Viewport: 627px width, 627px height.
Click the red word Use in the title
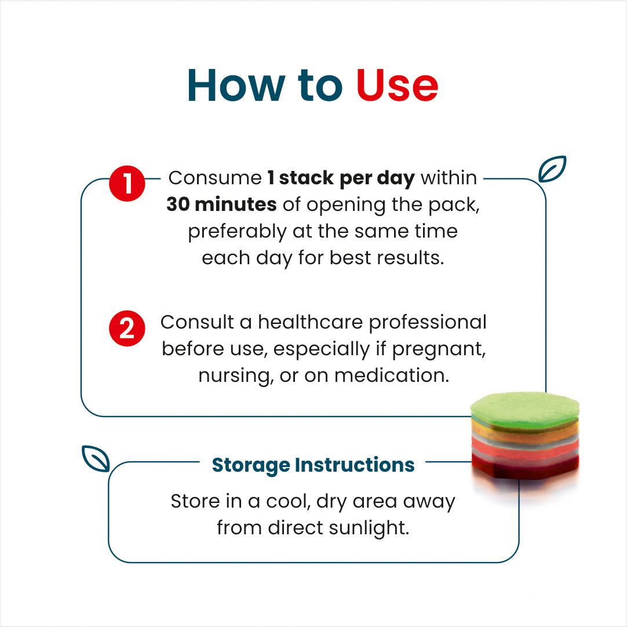click(397, 85)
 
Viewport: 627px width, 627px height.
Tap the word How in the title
click(236, 85)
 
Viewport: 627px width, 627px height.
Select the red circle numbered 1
click(127, 184)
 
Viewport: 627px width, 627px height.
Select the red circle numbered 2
click(127, 329)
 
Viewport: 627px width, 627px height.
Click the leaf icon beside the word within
click(552, 169)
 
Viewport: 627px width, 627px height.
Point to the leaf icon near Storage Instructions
click(96, 458)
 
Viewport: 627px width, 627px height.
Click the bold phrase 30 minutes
click(221, 205)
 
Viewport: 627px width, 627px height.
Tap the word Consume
click(215, 178)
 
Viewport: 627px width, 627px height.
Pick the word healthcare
click(310, 322)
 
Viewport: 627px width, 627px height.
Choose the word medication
click(392, 376)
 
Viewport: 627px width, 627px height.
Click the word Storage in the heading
click(251, 465)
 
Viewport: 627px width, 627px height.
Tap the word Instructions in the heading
click(355, 465)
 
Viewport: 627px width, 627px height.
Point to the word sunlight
click(369, 528)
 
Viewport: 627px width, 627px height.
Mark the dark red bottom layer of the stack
click(525, 468)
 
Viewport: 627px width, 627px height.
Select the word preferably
click(238, 232)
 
